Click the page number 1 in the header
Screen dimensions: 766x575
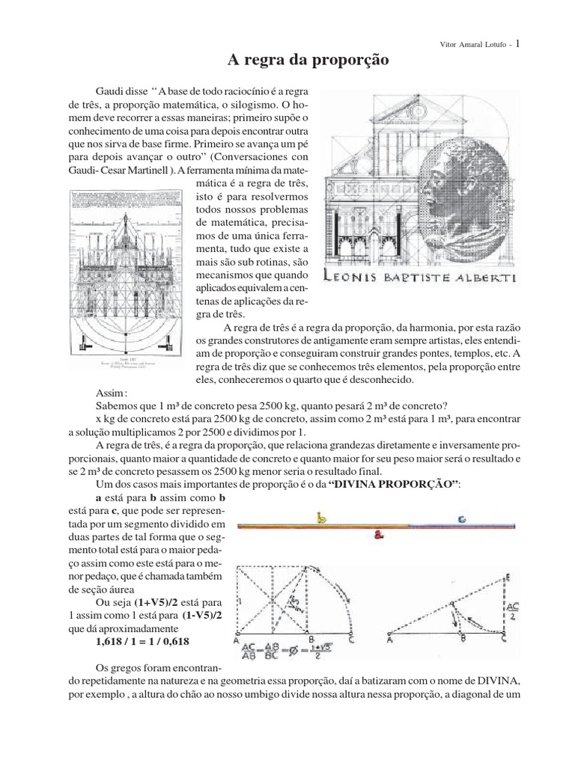pyautogui.click(x=520, y=43)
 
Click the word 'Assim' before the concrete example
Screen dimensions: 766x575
pyautogui.click(x=112, y=392)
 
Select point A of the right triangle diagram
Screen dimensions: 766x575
pyautogui.click(x=389, y=640)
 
